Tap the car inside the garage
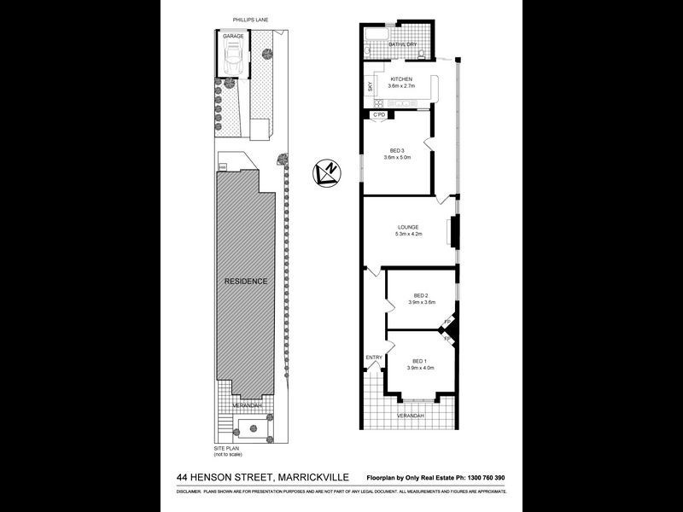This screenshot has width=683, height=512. pyautogui.click(x=233, y=59)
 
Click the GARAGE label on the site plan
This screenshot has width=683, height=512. pyautogui.click(x=233, y=37)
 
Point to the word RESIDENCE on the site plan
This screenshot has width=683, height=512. pyautogui.click(x=246, y=282)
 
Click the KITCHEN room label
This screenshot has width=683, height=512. pyautogui.click(x=401, y=79)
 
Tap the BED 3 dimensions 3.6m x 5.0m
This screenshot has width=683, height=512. pyautogui.click(x=398, y=157)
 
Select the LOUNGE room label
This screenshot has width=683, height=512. pyautogui.click(x=406, y=227)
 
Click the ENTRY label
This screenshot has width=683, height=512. pyautogui.click(x=374, y=357)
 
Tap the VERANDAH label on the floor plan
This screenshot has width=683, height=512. pyautogui.click(x=411, y=415)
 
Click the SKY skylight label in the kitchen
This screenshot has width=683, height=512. pyautogui.click(x=370, y=86)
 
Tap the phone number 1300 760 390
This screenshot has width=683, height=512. pyautogui.click(x=483, y=478)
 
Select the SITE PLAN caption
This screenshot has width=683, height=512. pyautogui.click(x=229, y=447)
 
